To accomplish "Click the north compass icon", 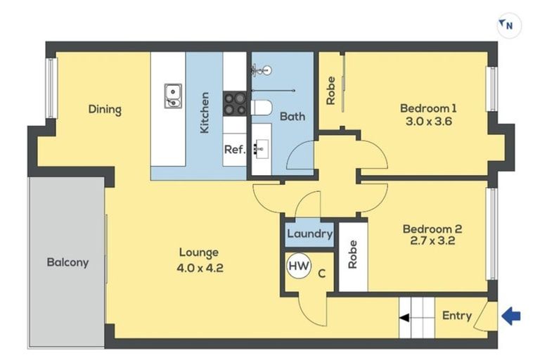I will [507, 27].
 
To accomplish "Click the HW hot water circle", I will [297, 266].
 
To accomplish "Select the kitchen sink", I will [172, 96].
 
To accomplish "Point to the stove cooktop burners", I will [235, 103].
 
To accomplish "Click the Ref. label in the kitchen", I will [234, 150].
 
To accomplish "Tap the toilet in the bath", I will [262, 108].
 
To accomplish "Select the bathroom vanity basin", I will [262, 148].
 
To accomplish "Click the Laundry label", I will [309, 233].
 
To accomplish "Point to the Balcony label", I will [67, 262].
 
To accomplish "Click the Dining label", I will [105, 110].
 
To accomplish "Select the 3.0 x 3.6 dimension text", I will [428, 122].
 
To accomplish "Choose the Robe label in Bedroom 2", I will [353, 255].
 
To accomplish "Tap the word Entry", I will [456, 316].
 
